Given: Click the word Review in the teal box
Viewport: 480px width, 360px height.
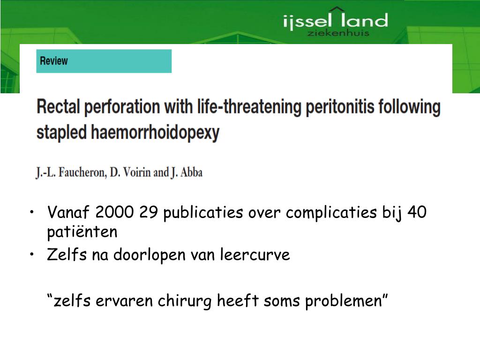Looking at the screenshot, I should click(53, 61).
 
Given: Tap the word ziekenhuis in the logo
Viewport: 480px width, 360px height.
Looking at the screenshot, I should click(337, 33).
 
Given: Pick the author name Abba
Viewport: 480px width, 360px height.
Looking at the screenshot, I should click(191, 172).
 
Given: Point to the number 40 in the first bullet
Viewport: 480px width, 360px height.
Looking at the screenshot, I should click(417, 213).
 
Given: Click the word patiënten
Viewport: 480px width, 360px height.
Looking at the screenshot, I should click(82, 232).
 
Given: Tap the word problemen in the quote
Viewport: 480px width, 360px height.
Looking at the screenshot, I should click(347, 301).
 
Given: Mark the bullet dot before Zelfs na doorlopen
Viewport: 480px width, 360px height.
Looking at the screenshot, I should click(31, 255).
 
